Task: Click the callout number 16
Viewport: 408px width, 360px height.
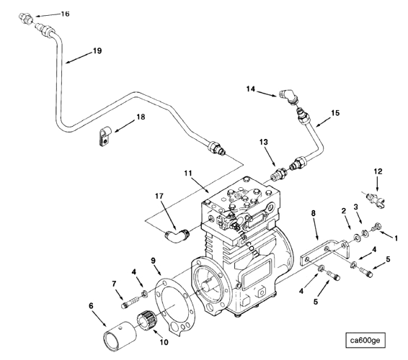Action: point(65,14)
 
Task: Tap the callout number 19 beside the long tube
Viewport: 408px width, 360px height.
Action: point(77,51)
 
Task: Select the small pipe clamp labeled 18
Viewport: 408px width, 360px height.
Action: point(102,137)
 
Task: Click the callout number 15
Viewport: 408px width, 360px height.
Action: point(334,113)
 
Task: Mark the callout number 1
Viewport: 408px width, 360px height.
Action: point(395,235)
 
